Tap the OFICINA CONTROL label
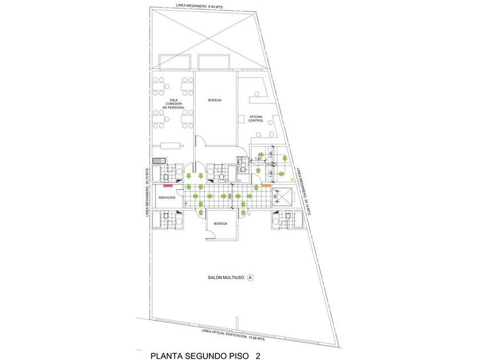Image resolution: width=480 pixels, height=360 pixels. coord(255,119)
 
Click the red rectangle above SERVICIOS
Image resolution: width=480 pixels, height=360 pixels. coord(167,185)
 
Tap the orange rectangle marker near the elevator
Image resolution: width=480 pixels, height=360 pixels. coord(266,185)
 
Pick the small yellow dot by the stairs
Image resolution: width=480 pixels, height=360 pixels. coord(293,179)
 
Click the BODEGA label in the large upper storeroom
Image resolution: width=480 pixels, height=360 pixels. coord(214,100)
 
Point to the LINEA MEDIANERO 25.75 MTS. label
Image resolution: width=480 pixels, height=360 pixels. coord(147,192)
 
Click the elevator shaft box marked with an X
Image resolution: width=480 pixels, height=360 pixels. coord(282,197)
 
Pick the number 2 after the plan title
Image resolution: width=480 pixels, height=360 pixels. coord(258,355)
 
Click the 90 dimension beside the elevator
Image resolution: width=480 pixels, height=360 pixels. coord(275,197)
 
